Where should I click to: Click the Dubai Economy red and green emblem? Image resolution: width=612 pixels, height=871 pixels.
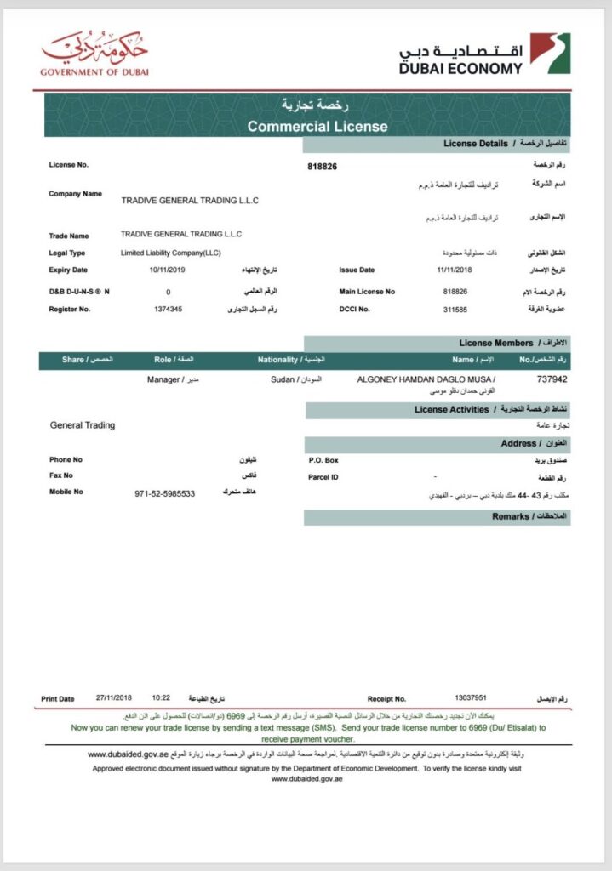[550, 54]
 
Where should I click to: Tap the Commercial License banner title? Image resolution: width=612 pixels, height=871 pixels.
[317, 127]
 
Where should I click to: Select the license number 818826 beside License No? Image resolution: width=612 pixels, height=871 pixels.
[322, 167]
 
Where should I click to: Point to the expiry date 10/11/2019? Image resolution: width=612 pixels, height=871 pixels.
[166, 270]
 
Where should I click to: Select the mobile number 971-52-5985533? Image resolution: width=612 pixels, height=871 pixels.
[164, 493]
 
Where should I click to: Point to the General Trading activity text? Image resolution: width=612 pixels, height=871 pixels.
[83, 424]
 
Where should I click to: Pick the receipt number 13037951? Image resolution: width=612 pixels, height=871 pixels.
[472, 698]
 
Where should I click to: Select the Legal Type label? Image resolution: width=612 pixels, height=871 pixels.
[67, 253]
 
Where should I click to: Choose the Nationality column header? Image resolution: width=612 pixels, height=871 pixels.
[277, 360]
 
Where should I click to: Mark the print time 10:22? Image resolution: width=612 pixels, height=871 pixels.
[161, 698]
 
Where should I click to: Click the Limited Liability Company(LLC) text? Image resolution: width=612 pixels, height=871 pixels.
[171, 253]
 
